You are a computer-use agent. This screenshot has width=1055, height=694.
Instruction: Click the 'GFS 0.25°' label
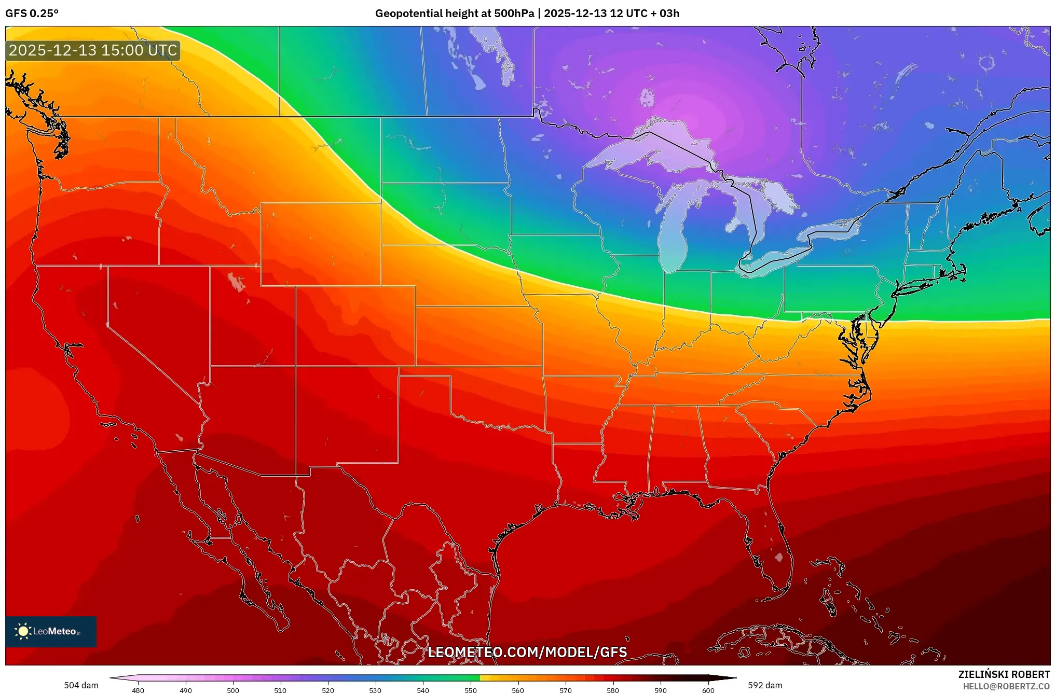(x=32, y=13)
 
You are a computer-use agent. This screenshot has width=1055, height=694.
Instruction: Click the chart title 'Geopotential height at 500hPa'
(x=454, y=13)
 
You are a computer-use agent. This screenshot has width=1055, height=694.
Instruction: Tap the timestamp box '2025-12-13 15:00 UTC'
(x=93, y=50)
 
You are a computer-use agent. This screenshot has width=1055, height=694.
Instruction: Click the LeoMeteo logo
(x=51, y=631)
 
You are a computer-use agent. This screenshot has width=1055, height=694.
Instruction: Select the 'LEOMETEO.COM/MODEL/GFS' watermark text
(x=527, y=652)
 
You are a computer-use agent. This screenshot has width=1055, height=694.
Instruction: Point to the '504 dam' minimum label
(x=81, y=685)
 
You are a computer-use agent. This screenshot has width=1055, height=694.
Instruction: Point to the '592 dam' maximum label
(x=765, y=685)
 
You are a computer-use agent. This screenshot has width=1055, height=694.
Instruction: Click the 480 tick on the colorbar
(x=138, y=690)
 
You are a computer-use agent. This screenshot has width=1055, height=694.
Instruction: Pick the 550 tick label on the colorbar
(x=471, y=690)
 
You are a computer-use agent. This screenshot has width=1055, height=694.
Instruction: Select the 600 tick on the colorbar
(x=708, y=690)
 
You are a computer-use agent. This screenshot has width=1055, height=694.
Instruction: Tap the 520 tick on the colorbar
(x=328, y=690)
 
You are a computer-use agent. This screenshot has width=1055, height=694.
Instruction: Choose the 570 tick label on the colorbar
(x=566, y=690)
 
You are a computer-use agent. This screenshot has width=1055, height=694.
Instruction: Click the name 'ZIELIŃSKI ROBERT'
(x=1004, y=674)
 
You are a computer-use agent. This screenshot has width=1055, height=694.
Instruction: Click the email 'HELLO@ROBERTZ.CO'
(x=1006, y=686)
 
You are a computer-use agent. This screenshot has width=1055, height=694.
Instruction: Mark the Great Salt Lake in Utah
(x=237, y=282)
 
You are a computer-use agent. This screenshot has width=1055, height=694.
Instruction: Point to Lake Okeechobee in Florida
(x=778, y=558)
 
